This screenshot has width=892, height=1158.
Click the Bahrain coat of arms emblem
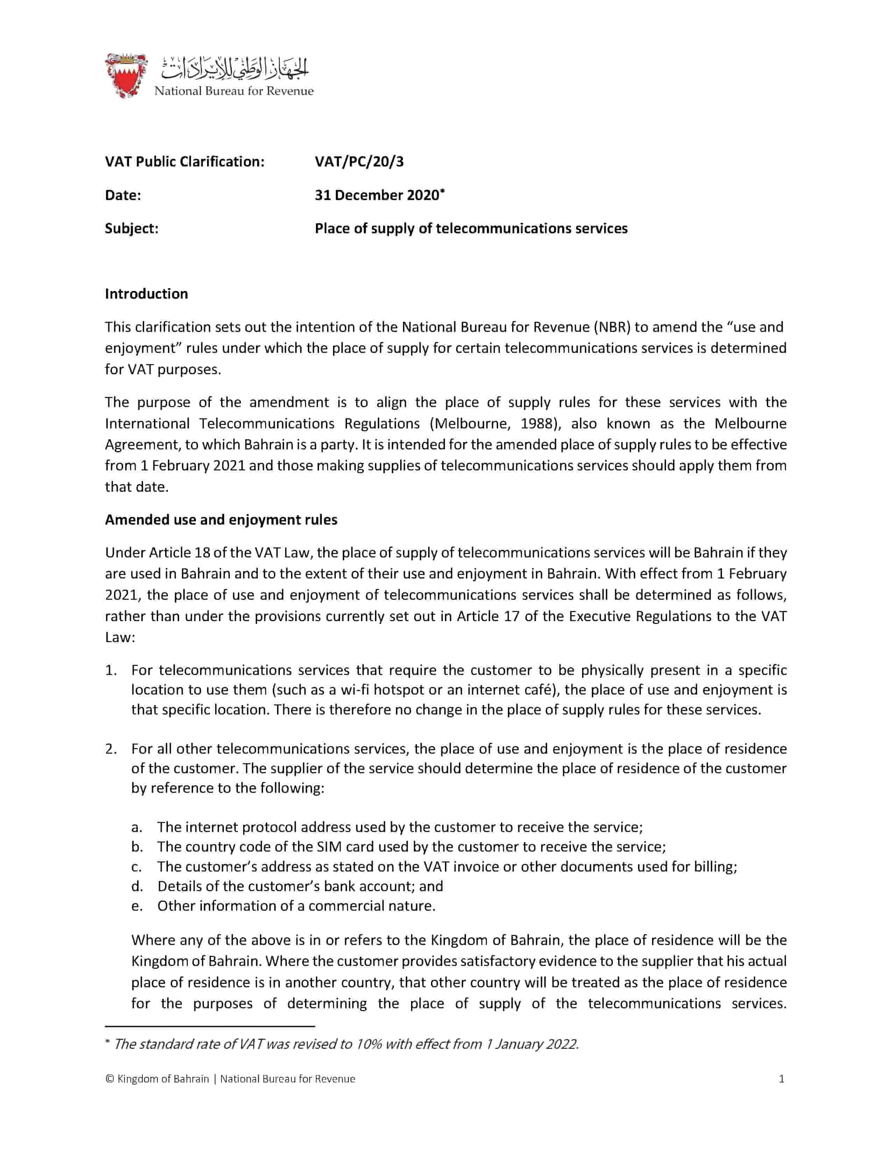tap(126, 75)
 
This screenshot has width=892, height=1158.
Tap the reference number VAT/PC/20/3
tap(359, 162)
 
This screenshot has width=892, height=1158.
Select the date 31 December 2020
tap(377, 195)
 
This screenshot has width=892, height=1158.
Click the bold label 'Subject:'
tap(132, 228)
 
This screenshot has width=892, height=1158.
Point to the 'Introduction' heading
tap(146, 294)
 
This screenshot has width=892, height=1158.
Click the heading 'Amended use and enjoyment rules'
tap(221, 520)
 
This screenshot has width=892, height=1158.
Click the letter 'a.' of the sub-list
tap(137, 827)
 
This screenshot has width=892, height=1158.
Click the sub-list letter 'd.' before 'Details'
tap(137, 886)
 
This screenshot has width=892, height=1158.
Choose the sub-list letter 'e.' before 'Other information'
tap(137, 905)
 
